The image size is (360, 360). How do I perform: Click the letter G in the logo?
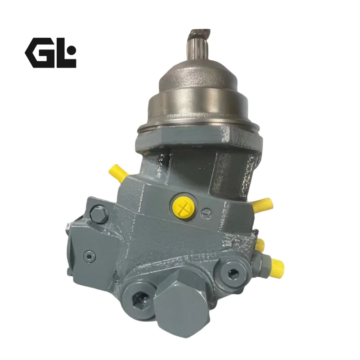40,53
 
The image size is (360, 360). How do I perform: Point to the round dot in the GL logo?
72,49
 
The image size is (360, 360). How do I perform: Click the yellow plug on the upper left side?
117,173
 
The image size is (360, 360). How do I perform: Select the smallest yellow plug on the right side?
261,245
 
